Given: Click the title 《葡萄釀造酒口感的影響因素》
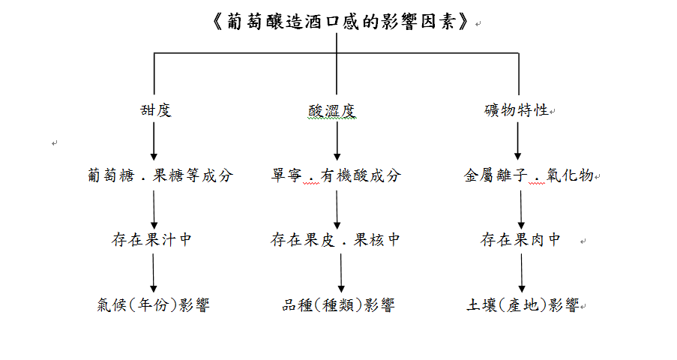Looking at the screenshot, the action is click(340, 21).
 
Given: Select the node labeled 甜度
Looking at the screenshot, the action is click(156, 110).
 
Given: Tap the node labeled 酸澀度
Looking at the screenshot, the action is click(332, 111).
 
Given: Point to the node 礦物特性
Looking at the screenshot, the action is click(517, 109).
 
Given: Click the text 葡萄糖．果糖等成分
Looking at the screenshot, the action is click(160, 175).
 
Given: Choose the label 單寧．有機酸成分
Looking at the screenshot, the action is click(336, 175).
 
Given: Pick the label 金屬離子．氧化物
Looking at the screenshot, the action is click(529, 175).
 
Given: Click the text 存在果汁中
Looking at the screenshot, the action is click(151, 239).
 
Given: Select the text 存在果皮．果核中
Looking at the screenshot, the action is click(335, 239).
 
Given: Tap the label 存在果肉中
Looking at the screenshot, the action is click(520, 239).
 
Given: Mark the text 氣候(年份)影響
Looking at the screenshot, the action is click(153, 304).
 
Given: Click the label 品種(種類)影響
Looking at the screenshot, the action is click(339, 304).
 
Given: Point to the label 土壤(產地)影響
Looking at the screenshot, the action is click(523, 304).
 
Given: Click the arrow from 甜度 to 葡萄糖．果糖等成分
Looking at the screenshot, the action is click(154, 141).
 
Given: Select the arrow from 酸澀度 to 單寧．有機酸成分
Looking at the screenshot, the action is click(337, 141).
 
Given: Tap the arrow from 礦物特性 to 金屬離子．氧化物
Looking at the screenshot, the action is click(517, 141).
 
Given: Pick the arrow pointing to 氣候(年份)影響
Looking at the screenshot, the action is click(153, 273).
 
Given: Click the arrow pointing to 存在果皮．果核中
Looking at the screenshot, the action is click(337, 210).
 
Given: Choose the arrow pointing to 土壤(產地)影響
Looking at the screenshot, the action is click(522, 273).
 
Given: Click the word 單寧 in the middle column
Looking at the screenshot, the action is click(286, 175).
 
